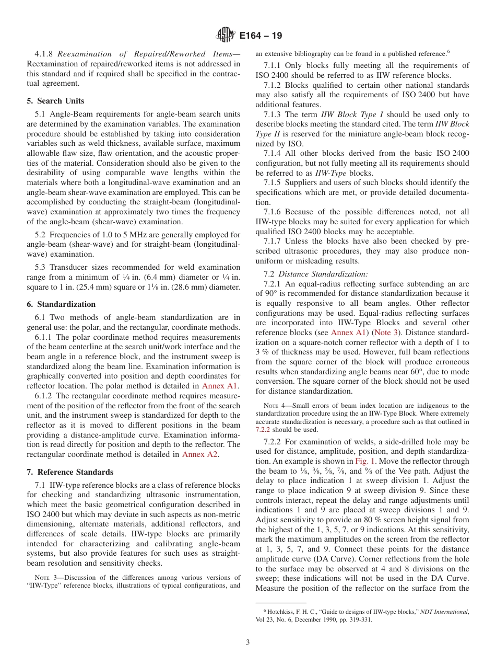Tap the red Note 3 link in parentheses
coord(386,332)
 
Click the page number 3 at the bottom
coord(248,643)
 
